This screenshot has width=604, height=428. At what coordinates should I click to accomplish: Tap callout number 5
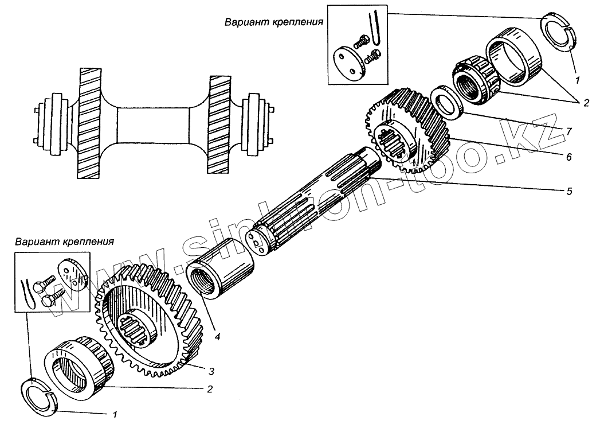pyautogui.click(x=568, y=191)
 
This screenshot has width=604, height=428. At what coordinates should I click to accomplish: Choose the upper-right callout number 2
pyautogui.click(x=586, y=103)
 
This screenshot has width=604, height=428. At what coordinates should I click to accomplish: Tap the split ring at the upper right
pyautogui.click(x=558, y=33)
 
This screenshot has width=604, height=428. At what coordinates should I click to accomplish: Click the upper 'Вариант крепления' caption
pyautogui.click(x=274, y=22)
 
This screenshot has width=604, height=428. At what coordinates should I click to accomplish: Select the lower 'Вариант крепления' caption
pyautogui.click(x=65, y=241)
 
